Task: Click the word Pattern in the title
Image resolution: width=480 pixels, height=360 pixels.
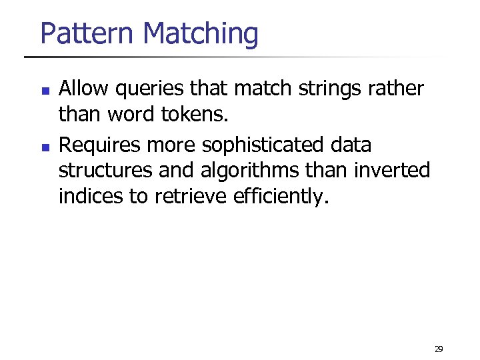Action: pos(88,33)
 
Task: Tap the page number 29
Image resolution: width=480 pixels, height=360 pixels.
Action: pos(438,349)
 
